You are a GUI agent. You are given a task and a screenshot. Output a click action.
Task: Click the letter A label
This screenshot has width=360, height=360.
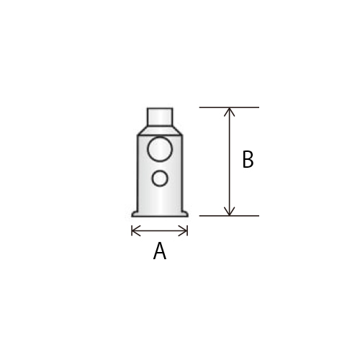(160, 251)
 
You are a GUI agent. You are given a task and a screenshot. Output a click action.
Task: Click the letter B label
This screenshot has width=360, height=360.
(248, 159)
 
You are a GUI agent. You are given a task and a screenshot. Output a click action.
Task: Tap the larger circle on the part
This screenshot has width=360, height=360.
(160, 149)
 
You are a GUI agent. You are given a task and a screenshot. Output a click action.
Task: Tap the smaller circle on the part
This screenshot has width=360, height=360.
(160, 179)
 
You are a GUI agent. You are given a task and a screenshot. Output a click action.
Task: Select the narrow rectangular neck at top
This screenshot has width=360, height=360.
(160, 117)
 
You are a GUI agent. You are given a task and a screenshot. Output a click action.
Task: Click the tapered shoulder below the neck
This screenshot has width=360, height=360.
(160, 130)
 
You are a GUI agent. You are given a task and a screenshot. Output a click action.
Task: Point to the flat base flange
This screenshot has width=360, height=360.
(160, 214)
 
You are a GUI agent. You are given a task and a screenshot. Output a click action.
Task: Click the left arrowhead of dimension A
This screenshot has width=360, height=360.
(135, 231)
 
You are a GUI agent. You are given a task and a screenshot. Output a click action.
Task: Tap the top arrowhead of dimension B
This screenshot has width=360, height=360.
(230, 111)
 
